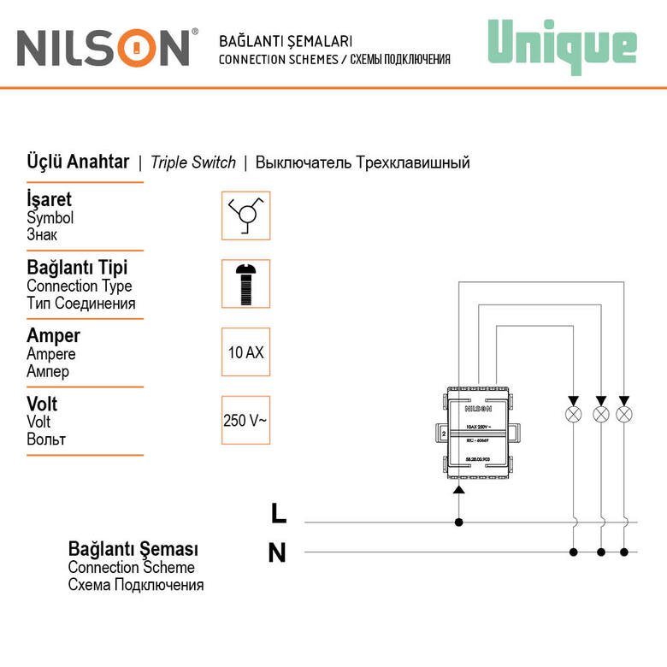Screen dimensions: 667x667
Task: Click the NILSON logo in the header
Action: tap(103, 48)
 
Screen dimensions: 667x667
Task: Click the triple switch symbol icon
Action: tap(245, 215)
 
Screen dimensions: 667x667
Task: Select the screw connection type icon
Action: tap(245, 283)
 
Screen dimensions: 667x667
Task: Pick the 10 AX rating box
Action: tap(245, 351)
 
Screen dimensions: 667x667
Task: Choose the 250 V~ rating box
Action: tap(245, 420)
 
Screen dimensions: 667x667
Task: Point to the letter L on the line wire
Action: tap(279, 513)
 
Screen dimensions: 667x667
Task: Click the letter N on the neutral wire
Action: tap(277, 553)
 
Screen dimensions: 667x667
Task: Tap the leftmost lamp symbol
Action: tap(575, 414)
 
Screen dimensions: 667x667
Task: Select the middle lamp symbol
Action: tap(601, 414)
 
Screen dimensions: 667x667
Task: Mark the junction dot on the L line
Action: tap(458, 522)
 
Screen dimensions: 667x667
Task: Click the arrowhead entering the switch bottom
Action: tap(458, 489)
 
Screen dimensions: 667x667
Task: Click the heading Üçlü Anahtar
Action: tap(78, 162)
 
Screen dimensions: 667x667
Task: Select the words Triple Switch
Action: tap(192, 162)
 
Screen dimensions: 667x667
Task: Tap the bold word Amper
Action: tap(53, 335)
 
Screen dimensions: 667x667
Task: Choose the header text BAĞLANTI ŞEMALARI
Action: tap(286, 41)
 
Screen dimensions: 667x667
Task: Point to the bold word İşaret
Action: tap(49, 199)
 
